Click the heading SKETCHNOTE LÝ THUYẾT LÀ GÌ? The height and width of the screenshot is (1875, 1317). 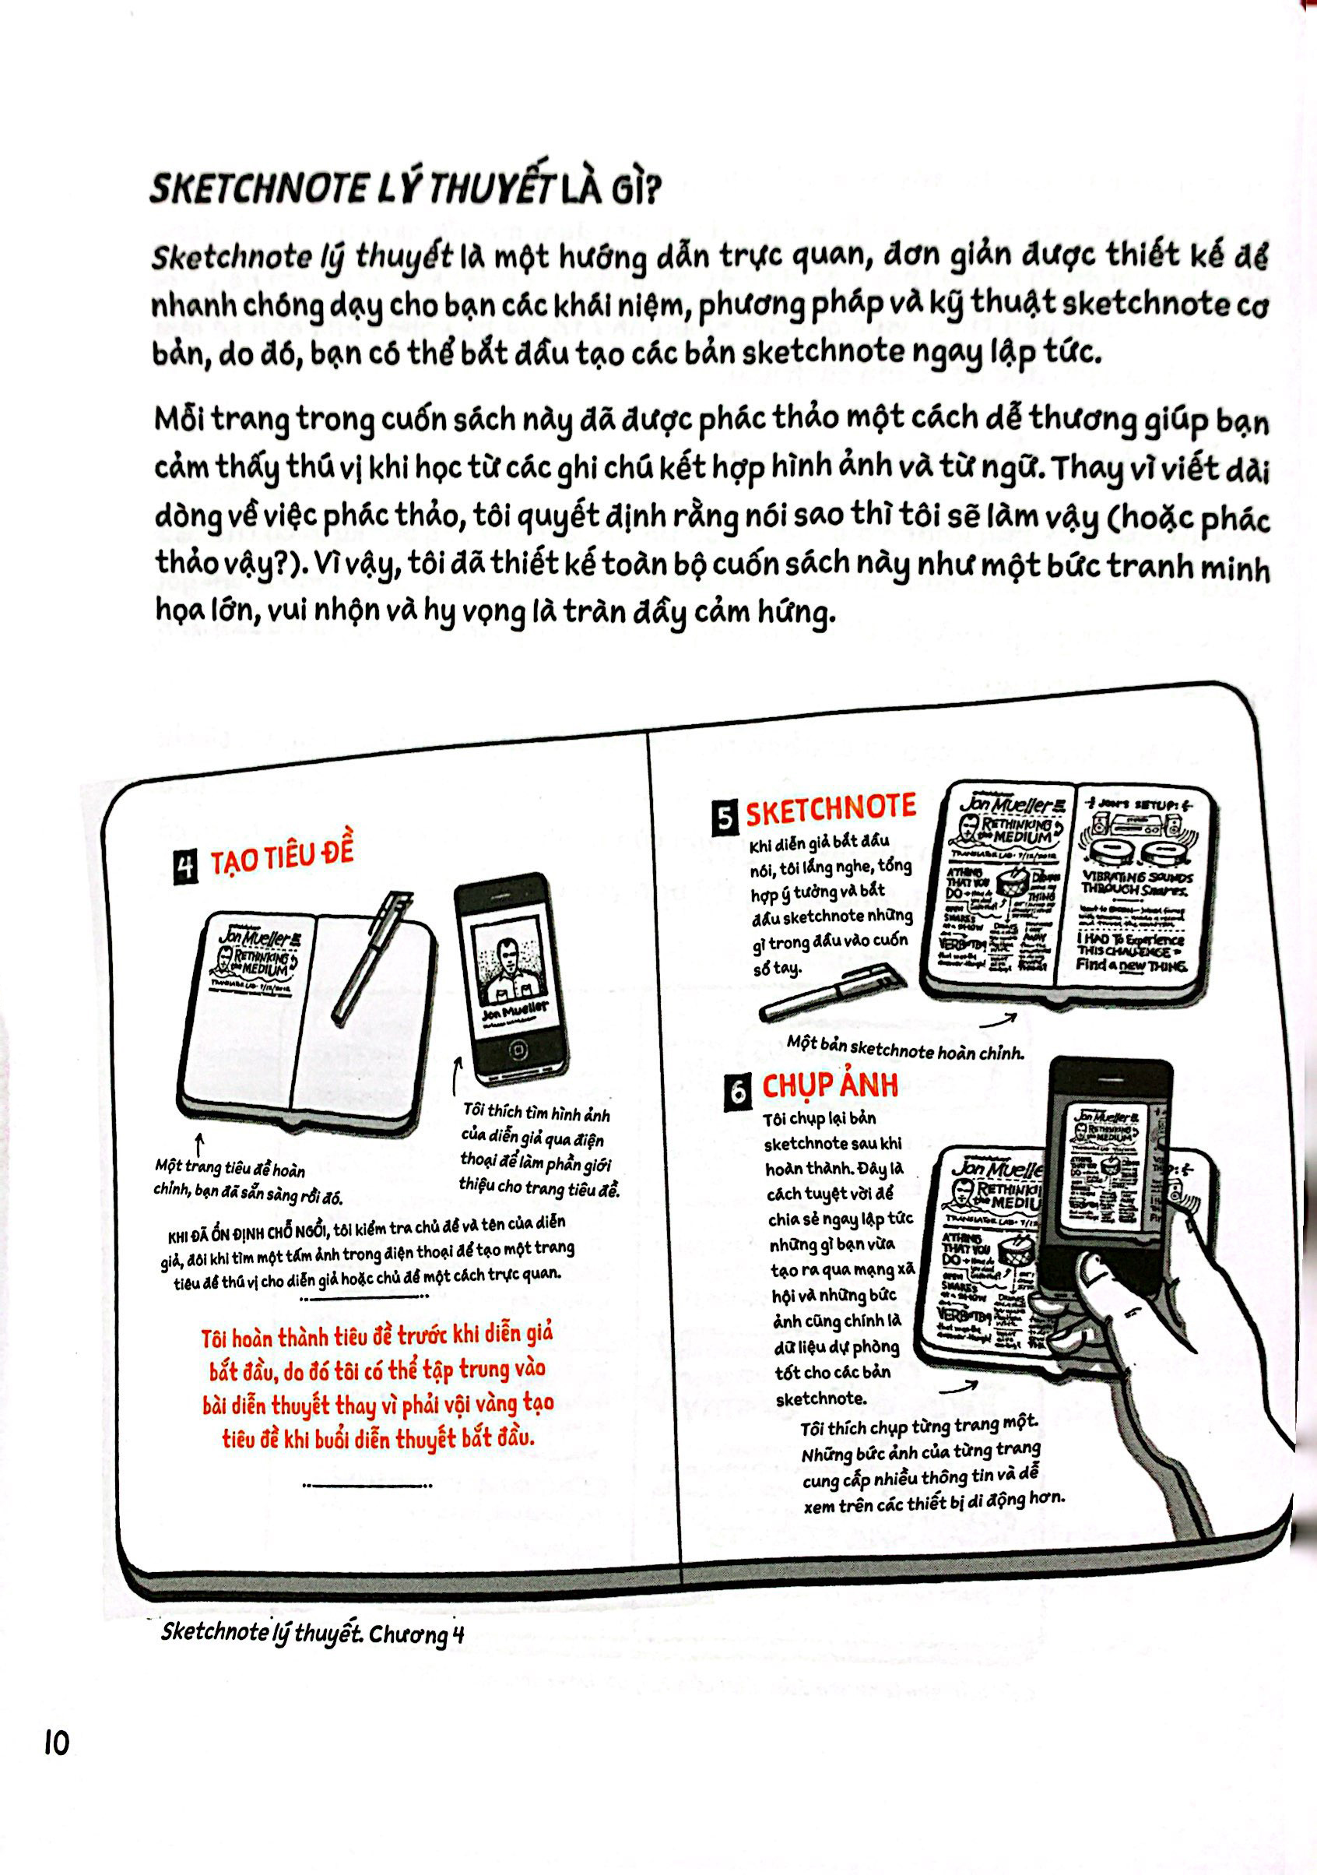[x=404, y=188]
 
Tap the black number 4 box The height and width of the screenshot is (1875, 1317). [x=186, y=867]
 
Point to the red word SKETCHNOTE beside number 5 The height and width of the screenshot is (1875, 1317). [x=831, y=809]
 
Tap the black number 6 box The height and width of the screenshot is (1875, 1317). [x=736, y=1092]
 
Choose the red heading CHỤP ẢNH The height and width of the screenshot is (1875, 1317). [x=830, y=1085]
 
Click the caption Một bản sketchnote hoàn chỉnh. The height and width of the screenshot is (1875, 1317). [x=904, y=1049]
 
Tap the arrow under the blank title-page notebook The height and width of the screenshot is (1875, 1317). [x=199, y=1142]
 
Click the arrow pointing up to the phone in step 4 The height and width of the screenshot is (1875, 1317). [x=456, y=1074]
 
